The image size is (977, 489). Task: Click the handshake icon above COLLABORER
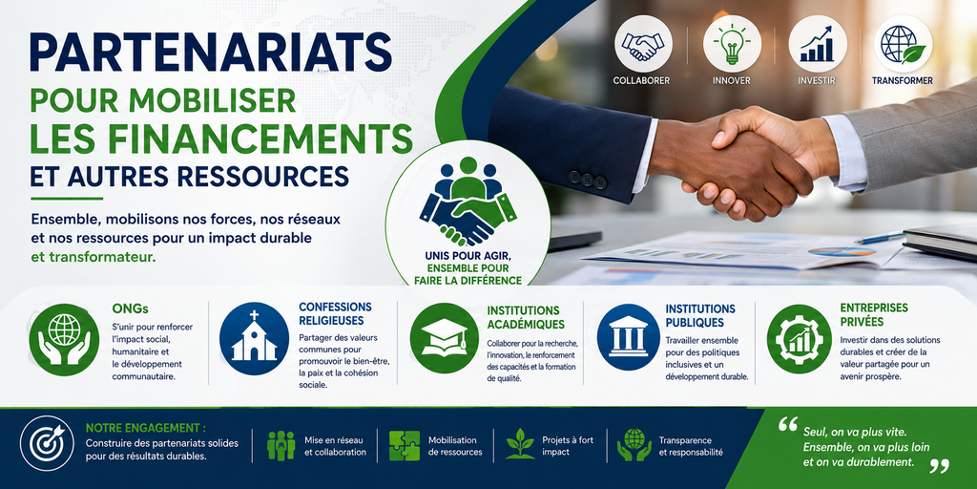pyautogui.click(x=644, y=44)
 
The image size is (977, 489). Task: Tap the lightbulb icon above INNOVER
pyautogui.click(x=732, y=44)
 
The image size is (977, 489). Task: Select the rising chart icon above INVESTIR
pyautogui.click(x=817, y=44)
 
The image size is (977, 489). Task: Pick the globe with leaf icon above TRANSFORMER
pyautogui.click(x=903, y=44)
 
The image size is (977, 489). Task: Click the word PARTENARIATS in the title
pyautogui.click(x=211, y=53)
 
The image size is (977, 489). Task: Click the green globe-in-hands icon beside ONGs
pyautogui.click(x=64, y=339)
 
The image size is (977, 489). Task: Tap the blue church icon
pyautogui.click(x=254, y=339)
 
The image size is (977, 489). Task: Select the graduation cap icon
pyautogui.click(x=445, y=339)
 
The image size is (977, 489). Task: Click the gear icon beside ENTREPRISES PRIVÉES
pyautogui.click(x=799, y=339)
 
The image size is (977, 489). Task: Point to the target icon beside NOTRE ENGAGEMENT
pyautogui.click(x=47, y=443)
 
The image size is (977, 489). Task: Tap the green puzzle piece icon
pyautogui.click(x=405, y=445)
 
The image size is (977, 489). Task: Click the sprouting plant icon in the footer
pyautogui.click(x=520, y=444)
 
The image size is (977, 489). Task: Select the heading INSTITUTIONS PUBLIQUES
pyautogui.click(x=699, y=315)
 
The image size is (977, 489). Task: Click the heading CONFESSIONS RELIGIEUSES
pyautogui.click(x=335, y=313)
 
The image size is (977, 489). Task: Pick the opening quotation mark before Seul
pyautogui.click(x=788, y=425)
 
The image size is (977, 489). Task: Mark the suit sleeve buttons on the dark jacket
pyautogui.click(x=588, y=180)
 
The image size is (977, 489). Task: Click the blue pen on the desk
pyautogui.click(x=879, y=238)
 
